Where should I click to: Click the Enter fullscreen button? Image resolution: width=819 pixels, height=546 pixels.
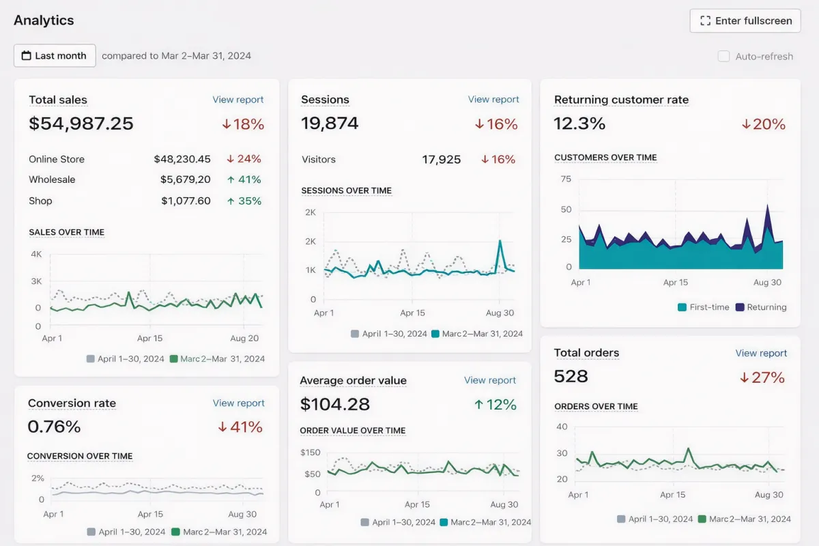[745, 20]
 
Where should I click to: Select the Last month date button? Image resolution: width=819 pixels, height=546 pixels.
[55, 56]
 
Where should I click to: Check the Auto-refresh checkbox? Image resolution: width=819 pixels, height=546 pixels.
[723, 56]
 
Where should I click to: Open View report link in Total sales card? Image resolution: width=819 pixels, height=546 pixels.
[238, 100]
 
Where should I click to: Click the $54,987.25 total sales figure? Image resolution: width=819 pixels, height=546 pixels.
[81, 124]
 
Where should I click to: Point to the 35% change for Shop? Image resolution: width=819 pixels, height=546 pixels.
[244, 201]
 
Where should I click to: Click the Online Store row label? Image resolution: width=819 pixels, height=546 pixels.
[57, 159]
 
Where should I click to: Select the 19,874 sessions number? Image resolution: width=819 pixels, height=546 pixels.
[330, 124]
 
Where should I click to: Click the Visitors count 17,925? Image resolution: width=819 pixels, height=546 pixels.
[442, 160]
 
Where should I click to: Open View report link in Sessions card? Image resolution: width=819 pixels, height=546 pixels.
[493, 100]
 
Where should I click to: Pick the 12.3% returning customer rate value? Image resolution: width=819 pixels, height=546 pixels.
[579, 124]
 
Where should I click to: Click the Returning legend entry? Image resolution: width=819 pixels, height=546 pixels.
[761, 307]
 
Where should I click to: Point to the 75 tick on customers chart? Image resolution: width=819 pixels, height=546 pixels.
[566, 179]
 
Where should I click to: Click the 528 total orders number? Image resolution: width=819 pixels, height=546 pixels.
[571, 376]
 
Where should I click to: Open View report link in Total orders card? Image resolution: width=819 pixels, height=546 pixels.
[761, 353]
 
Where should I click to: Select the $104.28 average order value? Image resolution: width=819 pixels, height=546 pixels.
[334, 404]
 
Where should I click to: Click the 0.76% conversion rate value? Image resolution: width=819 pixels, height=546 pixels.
[54, 427]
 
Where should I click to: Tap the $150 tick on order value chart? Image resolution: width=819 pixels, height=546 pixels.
[311, 452]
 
